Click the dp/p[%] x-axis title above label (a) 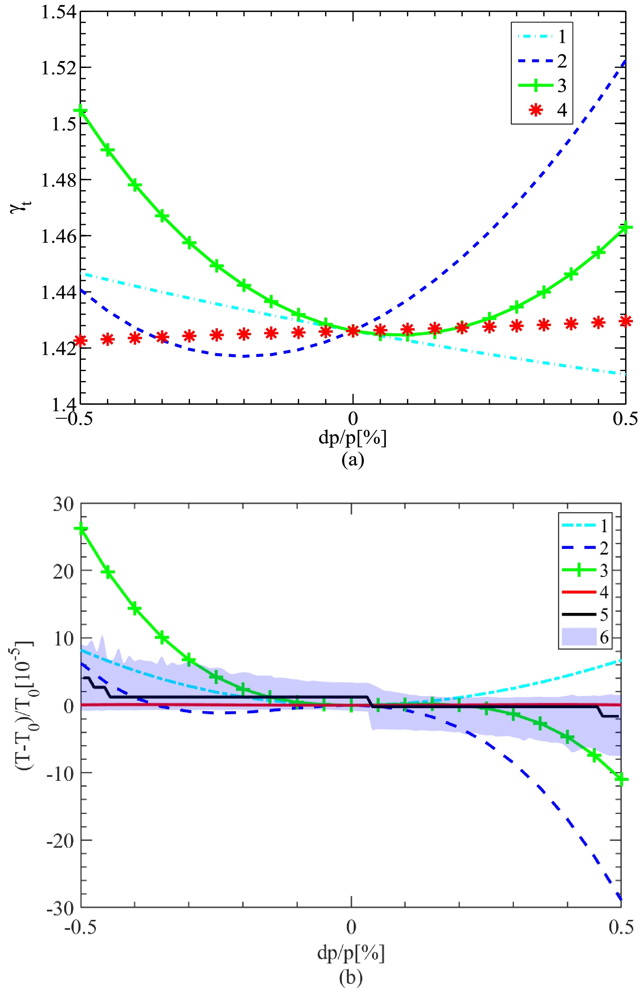(352, 438)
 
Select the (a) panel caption (352, 460)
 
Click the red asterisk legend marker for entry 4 (536, 110)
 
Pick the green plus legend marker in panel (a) (536, 86)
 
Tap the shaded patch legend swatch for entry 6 (579, 637)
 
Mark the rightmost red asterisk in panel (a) (625, 321)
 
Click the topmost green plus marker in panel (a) (81, 110)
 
